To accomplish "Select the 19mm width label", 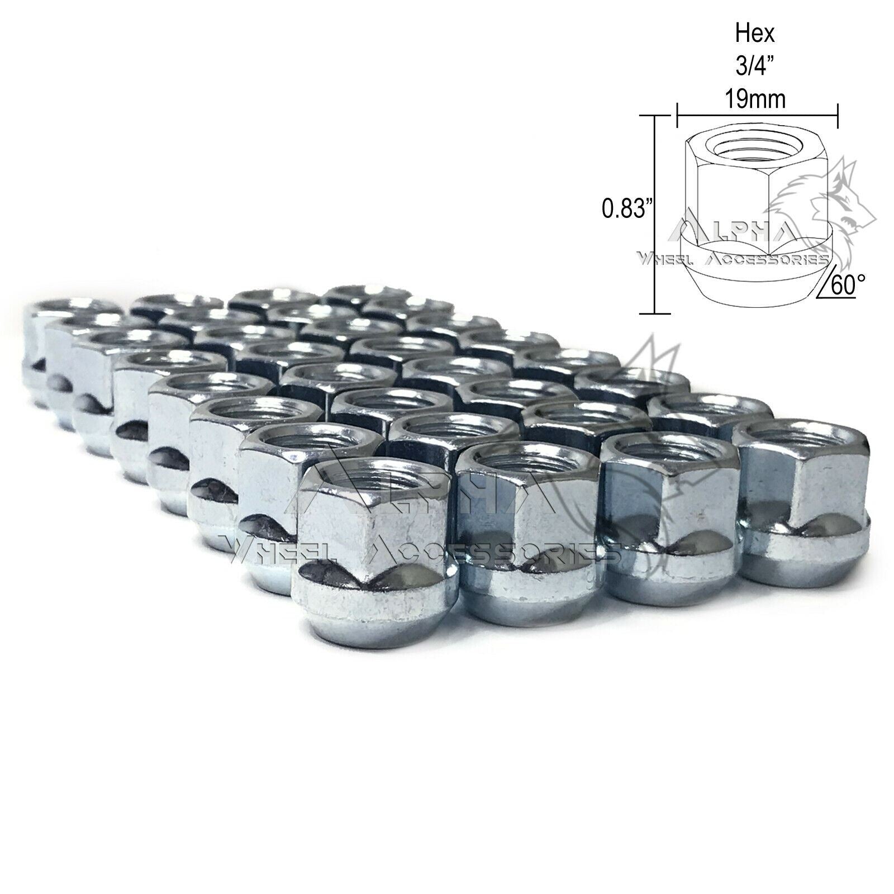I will pos(758,99).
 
